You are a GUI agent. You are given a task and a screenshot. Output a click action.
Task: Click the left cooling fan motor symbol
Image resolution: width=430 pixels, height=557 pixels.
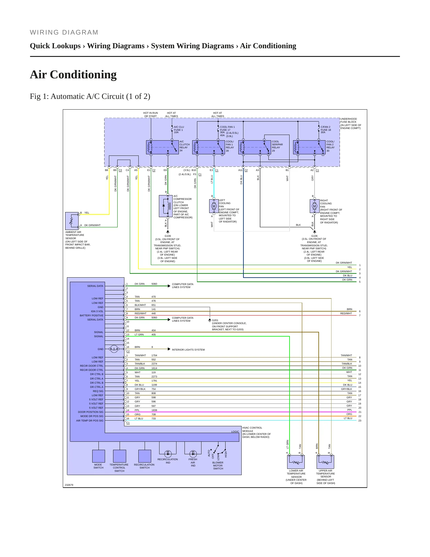214,206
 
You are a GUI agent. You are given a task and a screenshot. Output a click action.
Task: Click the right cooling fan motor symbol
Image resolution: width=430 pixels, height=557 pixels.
315,206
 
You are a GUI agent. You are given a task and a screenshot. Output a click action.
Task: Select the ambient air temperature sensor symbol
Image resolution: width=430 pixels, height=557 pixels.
72,221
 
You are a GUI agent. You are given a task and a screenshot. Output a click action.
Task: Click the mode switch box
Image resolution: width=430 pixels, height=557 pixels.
98,456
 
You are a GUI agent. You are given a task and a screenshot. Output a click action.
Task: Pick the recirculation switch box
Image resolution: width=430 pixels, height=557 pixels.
145,456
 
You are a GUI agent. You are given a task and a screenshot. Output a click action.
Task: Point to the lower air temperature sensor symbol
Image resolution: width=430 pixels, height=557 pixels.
296,462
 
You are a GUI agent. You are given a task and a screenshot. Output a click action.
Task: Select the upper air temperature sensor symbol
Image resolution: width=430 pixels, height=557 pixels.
325,462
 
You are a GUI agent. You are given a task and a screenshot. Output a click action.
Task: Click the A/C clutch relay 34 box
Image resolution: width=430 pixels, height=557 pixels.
162,147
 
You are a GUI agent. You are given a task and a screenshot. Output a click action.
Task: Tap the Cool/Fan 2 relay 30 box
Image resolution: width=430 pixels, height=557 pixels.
309,147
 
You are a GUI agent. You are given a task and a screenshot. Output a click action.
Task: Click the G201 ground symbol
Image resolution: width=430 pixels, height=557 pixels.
209,320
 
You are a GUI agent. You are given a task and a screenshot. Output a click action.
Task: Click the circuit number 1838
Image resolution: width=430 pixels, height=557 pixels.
154,410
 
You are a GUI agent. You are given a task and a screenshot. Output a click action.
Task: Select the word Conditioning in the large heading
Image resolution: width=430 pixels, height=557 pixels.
83,74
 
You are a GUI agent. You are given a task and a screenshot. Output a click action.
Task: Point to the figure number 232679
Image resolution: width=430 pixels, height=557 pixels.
69,485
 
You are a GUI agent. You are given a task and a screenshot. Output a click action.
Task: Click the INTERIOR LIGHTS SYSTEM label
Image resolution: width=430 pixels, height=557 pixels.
188,350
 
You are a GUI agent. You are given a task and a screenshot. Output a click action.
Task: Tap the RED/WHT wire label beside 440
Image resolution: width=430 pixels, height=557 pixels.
140,313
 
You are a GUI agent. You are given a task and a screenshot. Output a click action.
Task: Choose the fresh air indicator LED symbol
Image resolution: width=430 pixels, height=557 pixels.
193,454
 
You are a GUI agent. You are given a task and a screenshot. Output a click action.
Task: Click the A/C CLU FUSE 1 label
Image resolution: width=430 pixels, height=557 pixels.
179,128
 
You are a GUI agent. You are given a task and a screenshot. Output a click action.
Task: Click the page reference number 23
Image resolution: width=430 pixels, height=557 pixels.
360,421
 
